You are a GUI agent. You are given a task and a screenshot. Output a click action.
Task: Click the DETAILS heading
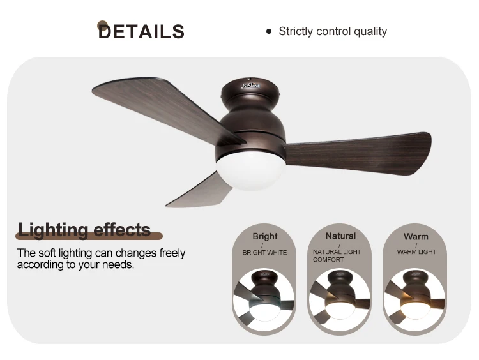coord(141,31)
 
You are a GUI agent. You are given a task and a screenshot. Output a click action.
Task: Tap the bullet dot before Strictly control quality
coord(269,31)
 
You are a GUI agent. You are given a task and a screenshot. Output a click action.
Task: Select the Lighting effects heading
coord(84,230)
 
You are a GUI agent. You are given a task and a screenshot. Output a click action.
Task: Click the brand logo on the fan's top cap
coord(250,84)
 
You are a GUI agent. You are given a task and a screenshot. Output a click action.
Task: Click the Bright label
coord(265,236)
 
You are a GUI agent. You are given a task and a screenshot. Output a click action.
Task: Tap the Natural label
coord(340,236)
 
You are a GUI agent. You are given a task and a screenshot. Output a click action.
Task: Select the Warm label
coord(416,236)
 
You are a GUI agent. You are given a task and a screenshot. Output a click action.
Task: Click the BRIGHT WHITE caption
coord(265,253)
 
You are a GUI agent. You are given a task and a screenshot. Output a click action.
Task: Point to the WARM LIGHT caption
coord(416,252)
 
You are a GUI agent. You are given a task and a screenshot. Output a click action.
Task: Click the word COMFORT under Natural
coord(328,260)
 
